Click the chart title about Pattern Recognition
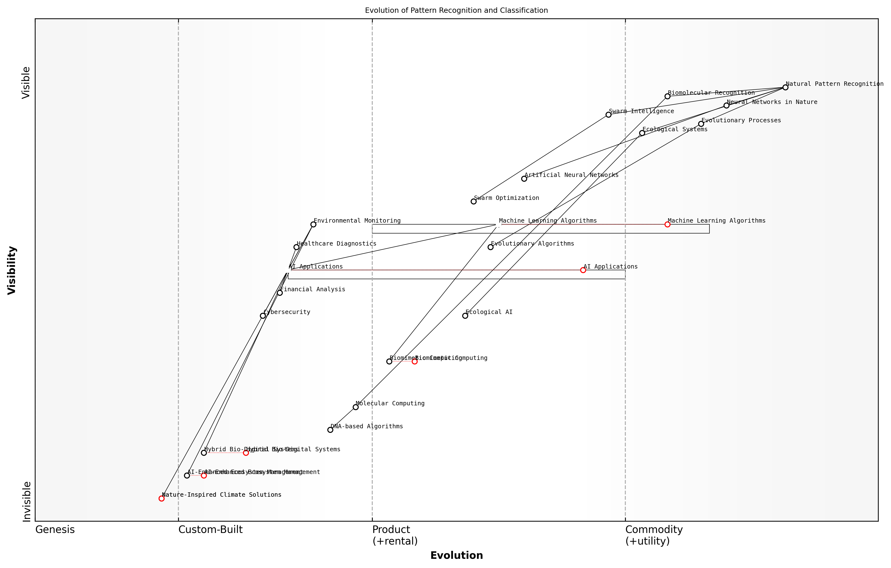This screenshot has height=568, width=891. pyautogui.click(x=456, y=10)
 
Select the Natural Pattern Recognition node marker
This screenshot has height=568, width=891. pyautogui.click(x=785, y=87)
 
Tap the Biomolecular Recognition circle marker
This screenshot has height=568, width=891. pyautogui.click(x=667, y=96)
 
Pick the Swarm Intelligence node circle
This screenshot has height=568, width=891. pyautogui.click(x=608, y=115)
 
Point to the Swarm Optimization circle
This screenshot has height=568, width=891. pyautogui.click(x=473, y=202)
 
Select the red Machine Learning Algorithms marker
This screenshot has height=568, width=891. pyautogui.click(x=667, y=224)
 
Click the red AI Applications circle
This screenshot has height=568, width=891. pyautogui.click(x=583, y=270)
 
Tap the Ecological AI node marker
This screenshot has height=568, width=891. pyautogui.click(x=465, y=316)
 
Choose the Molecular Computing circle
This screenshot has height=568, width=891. pyautogui.click(x=355, y=407)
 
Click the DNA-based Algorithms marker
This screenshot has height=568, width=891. pyautogui.click(x=330, y=430)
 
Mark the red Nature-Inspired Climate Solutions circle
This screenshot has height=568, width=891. pyautogui.click(x=161, y=498)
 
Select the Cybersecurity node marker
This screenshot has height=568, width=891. pyautogui.click(x=263, y=316)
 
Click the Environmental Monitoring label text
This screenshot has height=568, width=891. pyautogui.click(x=357, y=220)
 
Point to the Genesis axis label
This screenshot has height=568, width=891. pyautogui.click(x=55, y=530)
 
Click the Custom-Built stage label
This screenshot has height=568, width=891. pyautogui.click(x=210, y=530)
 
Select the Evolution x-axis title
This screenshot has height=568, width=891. pyautogui.click(x=456, y=555)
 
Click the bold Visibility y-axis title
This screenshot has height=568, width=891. pyautogui.click(x=12, y=270)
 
